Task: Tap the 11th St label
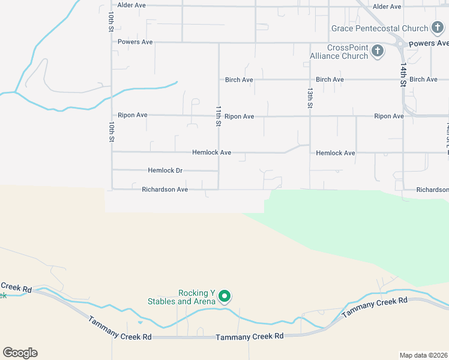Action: click(x=219, y=116)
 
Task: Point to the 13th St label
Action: click(x=310, y=98)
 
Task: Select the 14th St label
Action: click(x=403, y=76)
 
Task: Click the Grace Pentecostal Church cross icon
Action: click(x=438, y=28)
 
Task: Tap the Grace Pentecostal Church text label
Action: click(x=380, y=28)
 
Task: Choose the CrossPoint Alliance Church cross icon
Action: click(x=378, y=51)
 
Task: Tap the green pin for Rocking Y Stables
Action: click(x=224, y=296)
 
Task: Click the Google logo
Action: click(x=20, y=353)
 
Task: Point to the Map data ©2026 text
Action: click(x=423, y=355)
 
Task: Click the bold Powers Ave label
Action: click(x=428, y=43)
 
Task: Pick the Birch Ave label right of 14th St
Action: click(x=424, y=79)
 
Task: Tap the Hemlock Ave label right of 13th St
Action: click(x=336, y=153)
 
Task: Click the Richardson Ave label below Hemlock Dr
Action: click(x=165, y=190)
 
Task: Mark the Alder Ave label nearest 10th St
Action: click(x=131, y=5)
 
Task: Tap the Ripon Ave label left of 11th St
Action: click(x=133, y=115)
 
